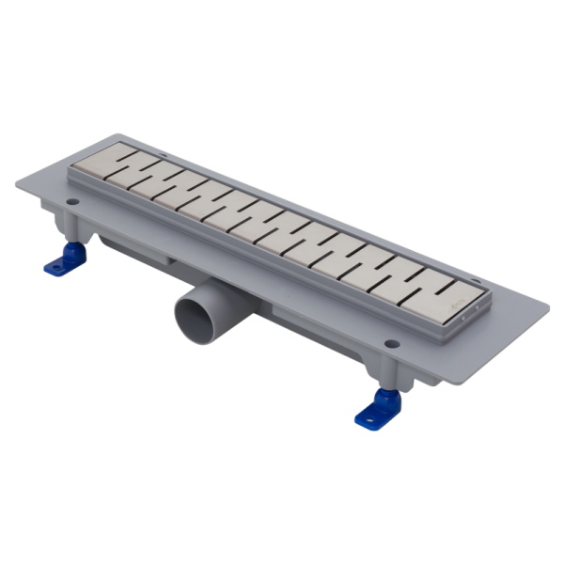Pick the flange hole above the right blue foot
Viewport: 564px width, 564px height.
[x=388, y=342]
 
